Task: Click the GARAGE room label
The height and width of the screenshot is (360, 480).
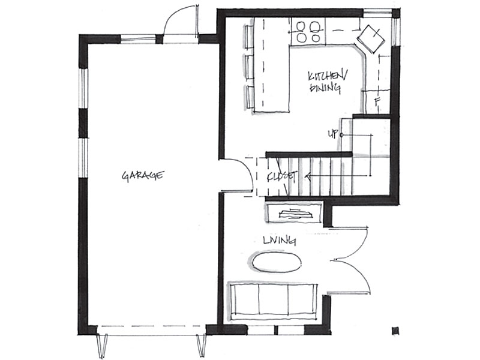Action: pyautogui.click(x=143, y=175)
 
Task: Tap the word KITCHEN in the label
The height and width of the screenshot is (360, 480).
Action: pyautogui.click(x=328, y=76)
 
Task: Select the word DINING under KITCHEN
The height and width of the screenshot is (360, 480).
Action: pyautogui.click(x=325, y=88)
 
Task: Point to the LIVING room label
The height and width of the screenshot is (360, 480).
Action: pyautogui.click(x=280, y=241)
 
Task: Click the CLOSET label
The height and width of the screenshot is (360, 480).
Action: pyautogui.click(x=282, y=176)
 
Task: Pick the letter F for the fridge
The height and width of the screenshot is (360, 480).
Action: pyautogui.click(x=377, y=102)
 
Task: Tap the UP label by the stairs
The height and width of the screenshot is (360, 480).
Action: pyautogui.click(x=333, y=134)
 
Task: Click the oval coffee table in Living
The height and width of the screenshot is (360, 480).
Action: pyautogui.click(x=277, y=262)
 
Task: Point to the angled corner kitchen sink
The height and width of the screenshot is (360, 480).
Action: pyautogui.click(x=371, y=39)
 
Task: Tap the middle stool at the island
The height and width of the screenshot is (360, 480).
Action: pyautogui.click(x=250, y=67)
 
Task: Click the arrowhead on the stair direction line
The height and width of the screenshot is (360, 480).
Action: pyautogui.click(x=308, y=176)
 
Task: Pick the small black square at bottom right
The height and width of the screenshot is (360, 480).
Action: pyautogui.click(x=395, y=331)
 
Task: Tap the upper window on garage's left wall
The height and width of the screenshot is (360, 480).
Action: pyautogui.click(x=83, y=88)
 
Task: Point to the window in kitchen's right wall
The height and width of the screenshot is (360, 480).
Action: pyautogui.click(x=396, y=31)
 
